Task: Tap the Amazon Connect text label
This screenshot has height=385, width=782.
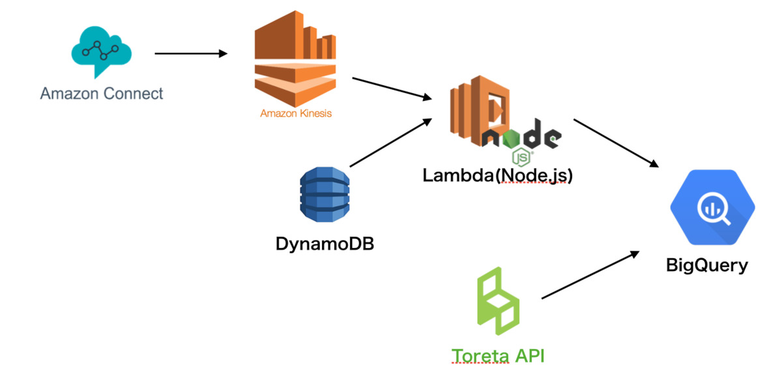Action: tap(102, 94)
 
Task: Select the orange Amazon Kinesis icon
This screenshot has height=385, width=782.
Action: tap(295, 59)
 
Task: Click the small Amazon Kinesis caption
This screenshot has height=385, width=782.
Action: tap(296, 113)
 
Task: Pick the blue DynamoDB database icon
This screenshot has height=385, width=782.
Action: tap(325, 194)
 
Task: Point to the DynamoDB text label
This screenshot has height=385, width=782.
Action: tap(325, 244)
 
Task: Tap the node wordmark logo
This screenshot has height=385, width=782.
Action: tap(521, 135)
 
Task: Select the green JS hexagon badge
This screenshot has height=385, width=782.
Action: tap(521, 157)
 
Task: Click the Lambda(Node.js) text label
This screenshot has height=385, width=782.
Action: tap(497, 175)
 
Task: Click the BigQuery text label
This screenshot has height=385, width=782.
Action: tap(707, 265)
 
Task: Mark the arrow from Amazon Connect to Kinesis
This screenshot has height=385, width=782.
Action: tap(191, 53)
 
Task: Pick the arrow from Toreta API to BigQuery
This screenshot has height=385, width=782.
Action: tap(590, 276)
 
